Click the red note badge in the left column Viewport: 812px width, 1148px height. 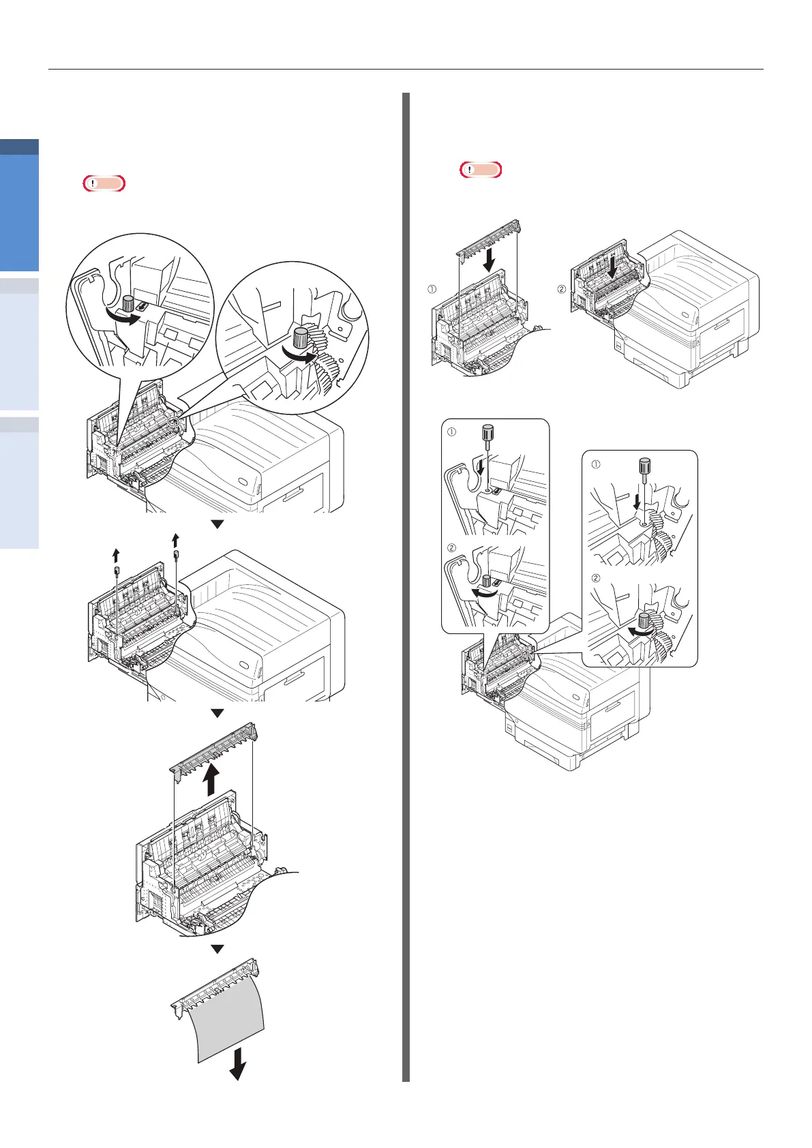coord(104,183)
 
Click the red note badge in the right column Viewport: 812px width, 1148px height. coord(481,169)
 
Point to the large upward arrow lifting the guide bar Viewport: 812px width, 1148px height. coord(212,779)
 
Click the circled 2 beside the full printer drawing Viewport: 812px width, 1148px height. coord(561,288)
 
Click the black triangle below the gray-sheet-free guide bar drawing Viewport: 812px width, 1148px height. coord(217,948)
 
